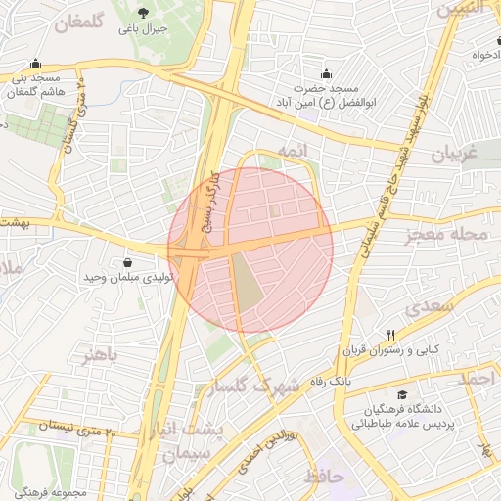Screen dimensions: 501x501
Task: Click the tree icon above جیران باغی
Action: pos(144,13)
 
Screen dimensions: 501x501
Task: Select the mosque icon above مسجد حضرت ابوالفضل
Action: pos(326,74)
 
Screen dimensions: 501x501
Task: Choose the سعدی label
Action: pos(430,305)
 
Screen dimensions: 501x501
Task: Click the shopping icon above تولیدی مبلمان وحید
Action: pos(129,261)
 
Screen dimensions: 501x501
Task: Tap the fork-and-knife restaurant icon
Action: pos(390,334)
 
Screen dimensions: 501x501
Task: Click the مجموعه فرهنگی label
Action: pos(49,490)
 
